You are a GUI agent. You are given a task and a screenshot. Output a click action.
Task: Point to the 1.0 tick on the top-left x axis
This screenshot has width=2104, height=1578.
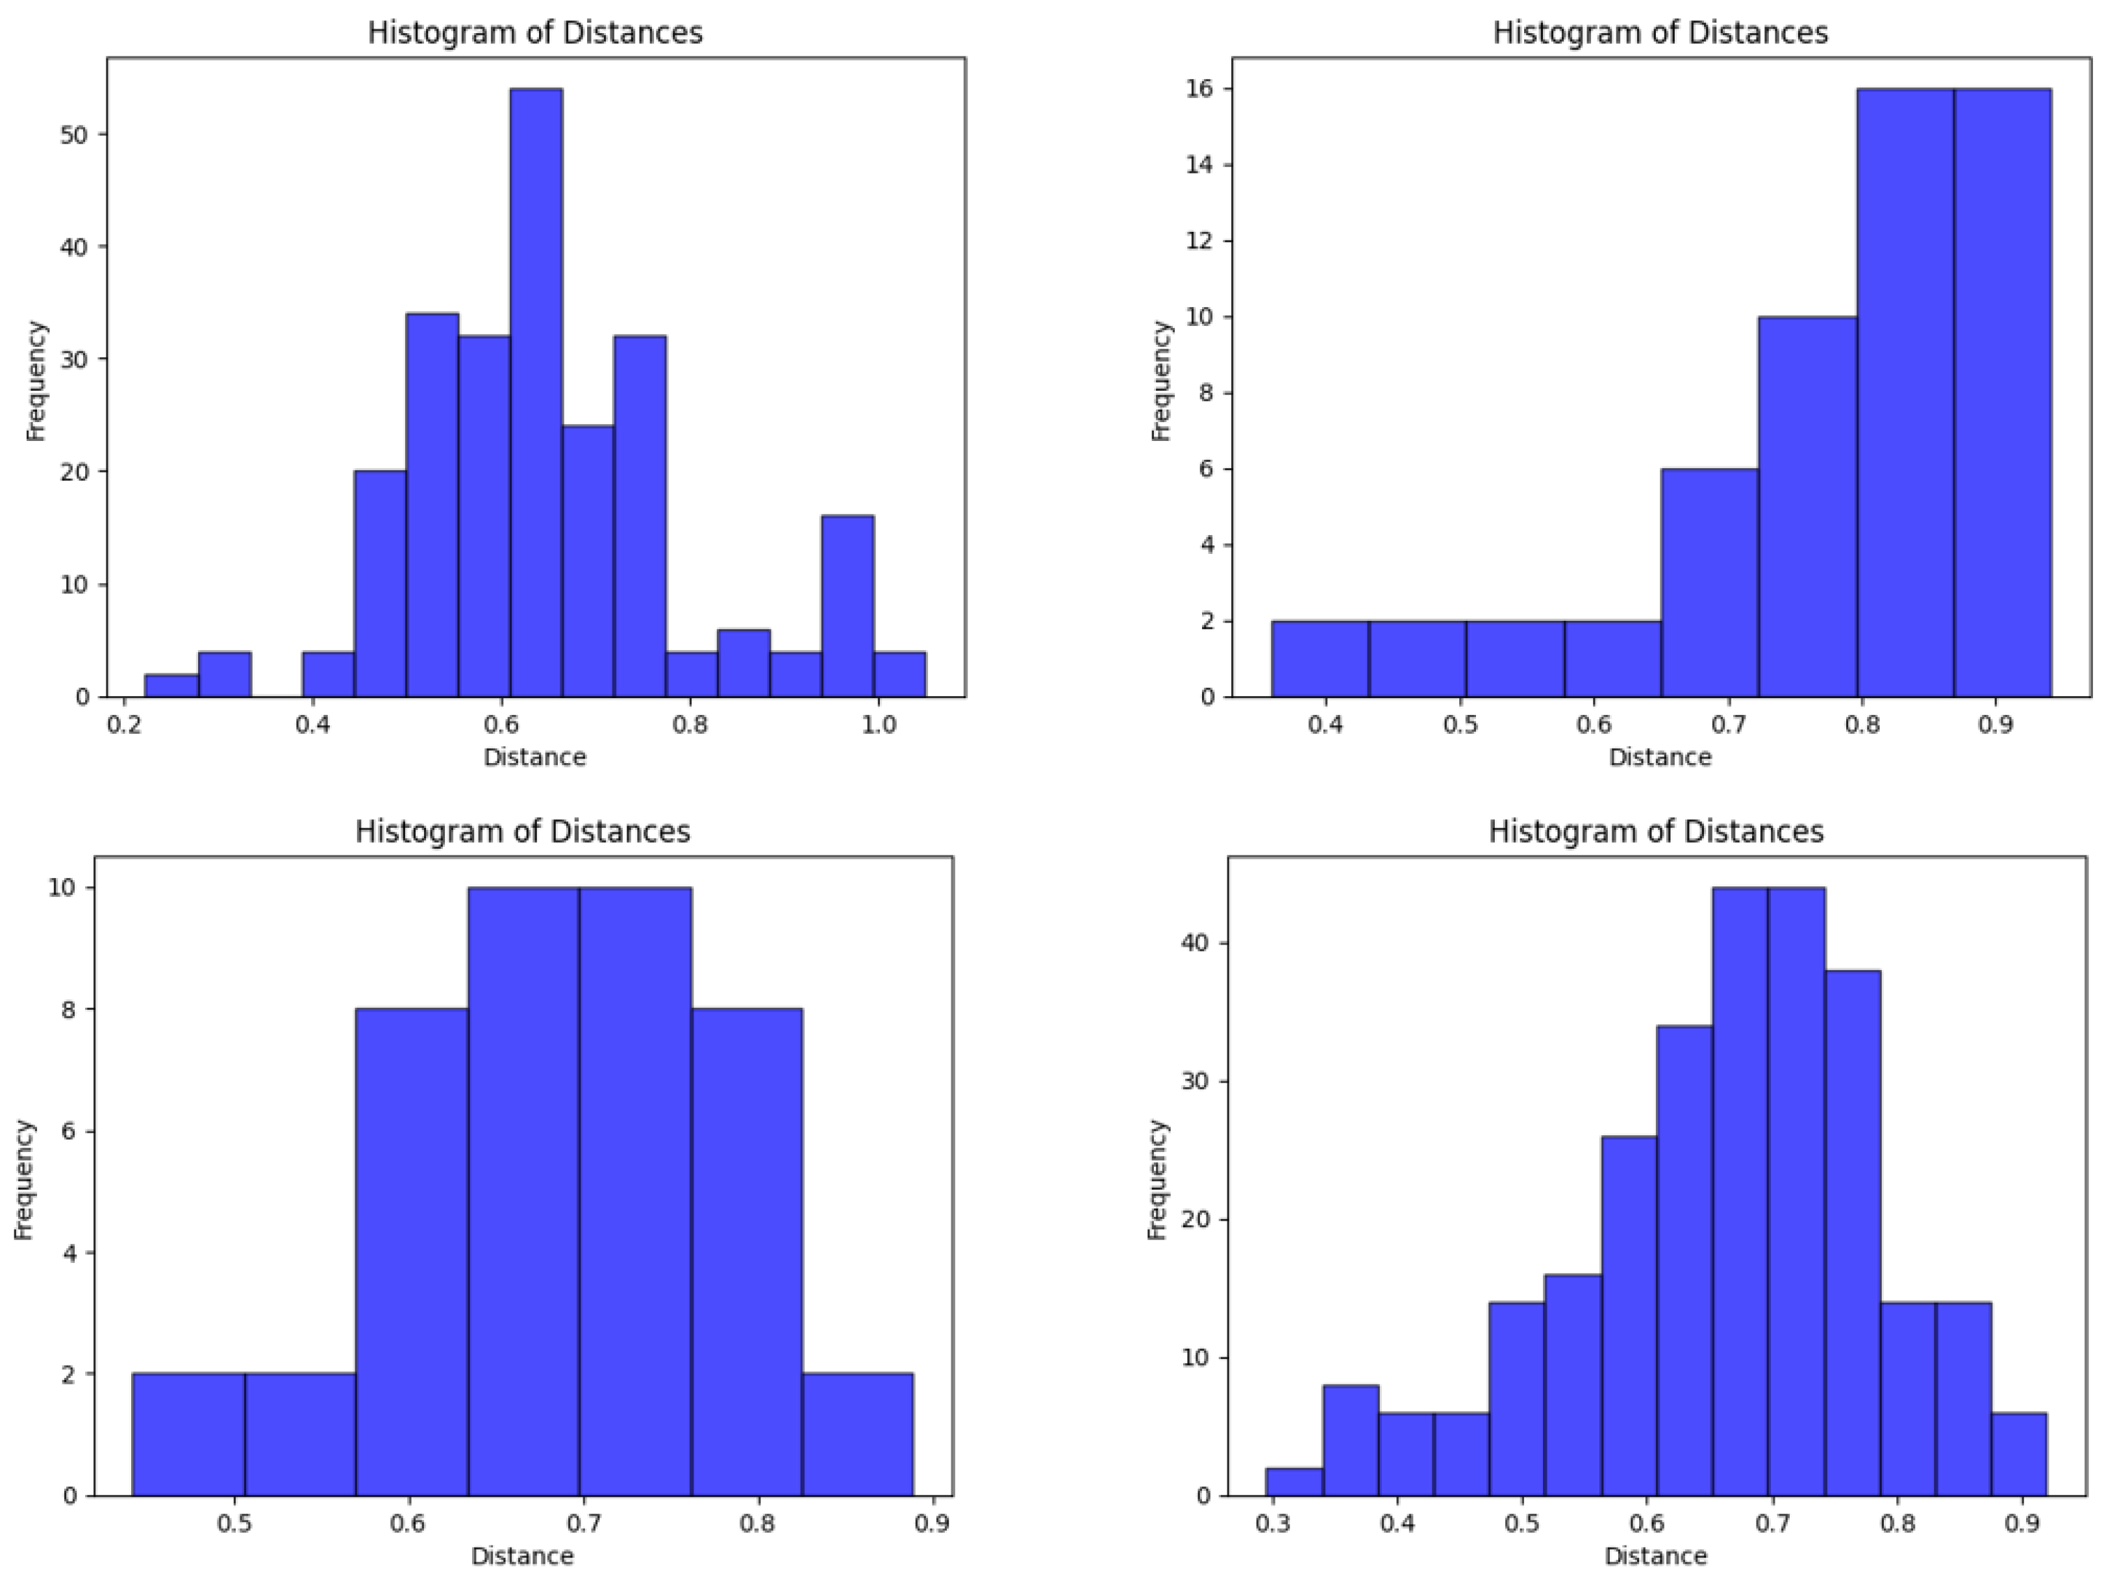click(878, 725)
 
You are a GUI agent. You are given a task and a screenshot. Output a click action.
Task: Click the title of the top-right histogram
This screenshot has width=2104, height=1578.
click(1660, 33)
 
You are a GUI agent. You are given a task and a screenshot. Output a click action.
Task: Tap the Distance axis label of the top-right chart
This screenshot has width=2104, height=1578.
click(1660, 757)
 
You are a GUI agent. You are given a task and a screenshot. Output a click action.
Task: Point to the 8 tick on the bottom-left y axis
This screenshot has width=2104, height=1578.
click(68, 1009)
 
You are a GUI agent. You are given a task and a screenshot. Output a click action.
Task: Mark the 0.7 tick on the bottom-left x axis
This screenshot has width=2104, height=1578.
click(584, 1523)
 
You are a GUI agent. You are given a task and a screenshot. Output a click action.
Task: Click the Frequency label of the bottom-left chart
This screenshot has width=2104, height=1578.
click(25, 1179)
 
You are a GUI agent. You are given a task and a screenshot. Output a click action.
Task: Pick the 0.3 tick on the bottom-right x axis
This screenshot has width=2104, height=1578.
click(1273, 1523)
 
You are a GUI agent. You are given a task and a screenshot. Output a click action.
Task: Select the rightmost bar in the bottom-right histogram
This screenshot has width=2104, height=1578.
click(2018, 1455)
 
